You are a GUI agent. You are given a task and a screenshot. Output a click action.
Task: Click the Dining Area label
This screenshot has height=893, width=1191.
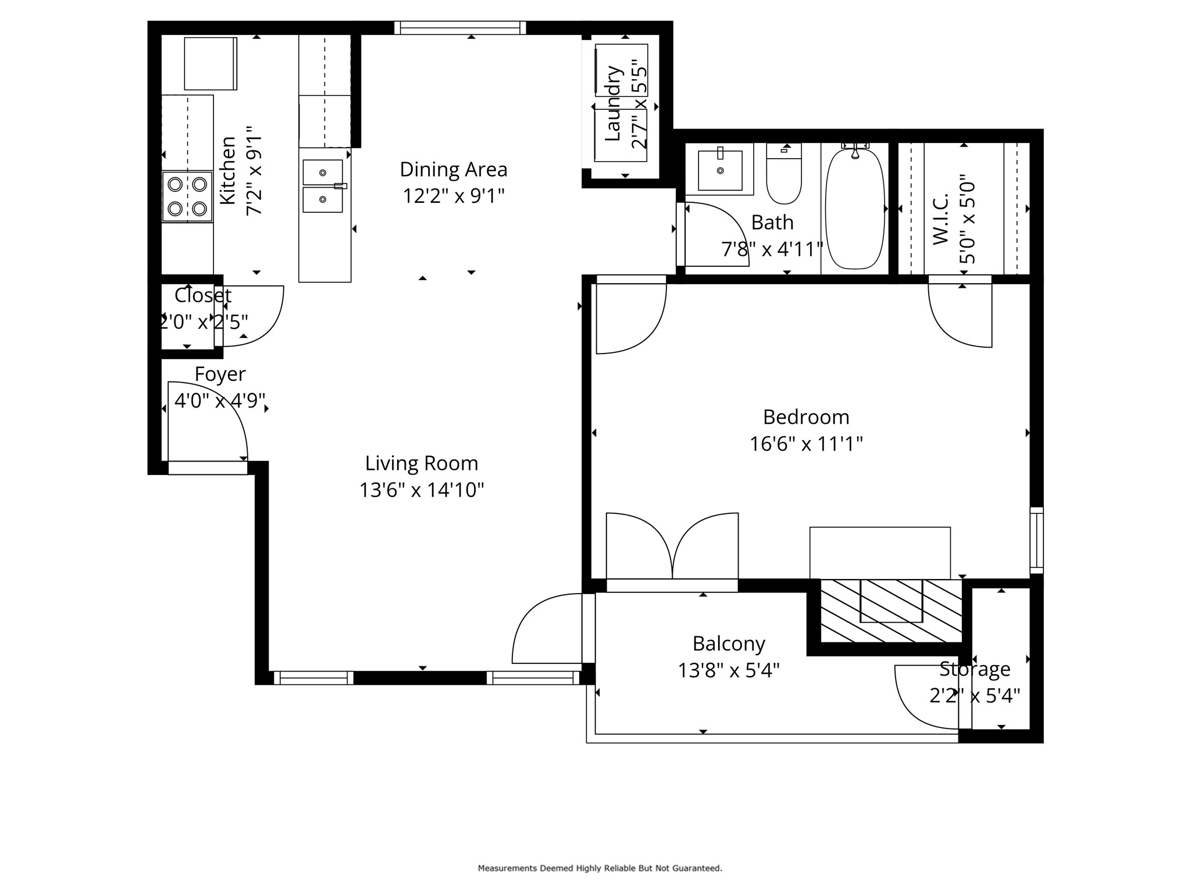[x=454, y=170]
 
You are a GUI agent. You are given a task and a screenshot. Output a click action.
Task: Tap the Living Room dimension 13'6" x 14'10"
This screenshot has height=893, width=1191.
[x=422, y=490]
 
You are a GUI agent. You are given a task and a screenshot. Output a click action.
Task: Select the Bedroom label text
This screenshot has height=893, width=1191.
[x=806, y=417]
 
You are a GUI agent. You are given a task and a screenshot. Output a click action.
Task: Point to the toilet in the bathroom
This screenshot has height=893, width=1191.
[x=784, y=174]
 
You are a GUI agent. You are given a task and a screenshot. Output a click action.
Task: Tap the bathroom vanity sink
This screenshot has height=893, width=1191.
[x=720, y=170]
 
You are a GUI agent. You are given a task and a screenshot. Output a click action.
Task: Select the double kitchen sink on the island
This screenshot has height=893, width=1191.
[x=323, y=186]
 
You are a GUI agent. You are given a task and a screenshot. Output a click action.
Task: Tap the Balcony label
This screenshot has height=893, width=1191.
[x=729, y=644]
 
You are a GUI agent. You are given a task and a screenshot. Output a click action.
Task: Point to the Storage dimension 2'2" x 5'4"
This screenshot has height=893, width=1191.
[x=975, y=695]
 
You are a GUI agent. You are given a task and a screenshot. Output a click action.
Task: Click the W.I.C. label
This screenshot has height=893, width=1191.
[x=940, y=219]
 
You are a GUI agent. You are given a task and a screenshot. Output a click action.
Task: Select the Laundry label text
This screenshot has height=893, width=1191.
[x=613, y=103]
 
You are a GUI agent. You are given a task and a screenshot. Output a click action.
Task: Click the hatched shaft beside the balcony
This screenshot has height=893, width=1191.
[x=891, y=610]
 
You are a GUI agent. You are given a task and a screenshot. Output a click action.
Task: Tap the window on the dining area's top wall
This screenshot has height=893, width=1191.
[x=460, y=28]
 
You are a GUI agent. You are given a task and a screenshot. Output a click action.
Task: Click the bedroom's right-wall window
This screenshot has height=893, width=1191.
[x=1036, y=540]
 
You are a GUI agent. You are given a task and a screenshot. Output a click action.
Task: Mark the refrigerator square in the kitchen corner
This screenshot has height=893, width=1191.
[x=211, y=63]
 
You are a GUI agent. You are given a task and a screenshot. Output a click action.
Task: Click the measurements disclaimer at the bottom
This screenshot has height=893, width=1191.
[x=600, y=868]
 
